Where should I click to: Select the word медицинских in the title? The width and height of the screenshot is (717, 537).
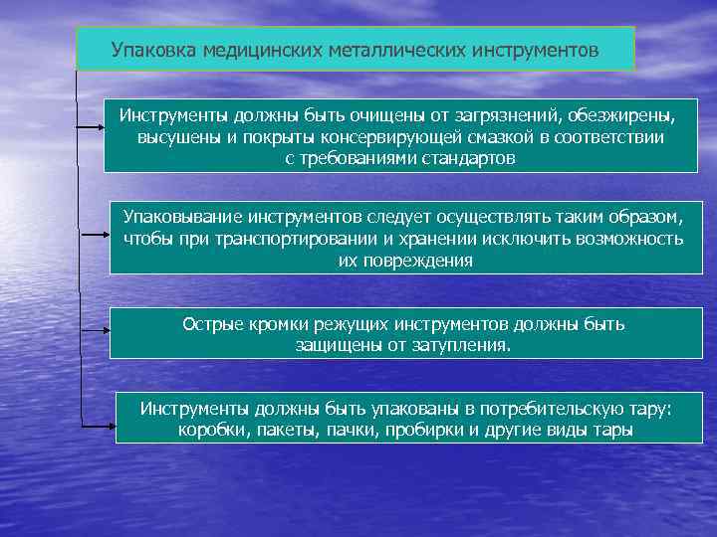255,49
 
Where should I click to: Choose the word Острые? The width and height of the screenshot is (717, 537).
209,324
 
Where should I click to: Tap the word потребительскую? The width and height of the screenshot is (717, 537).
540,409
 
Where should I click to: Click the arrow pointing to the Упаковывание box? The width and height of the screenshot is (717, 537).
92,235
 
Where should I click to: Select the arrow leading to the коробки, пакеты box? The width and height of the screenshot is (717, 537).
96,425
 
